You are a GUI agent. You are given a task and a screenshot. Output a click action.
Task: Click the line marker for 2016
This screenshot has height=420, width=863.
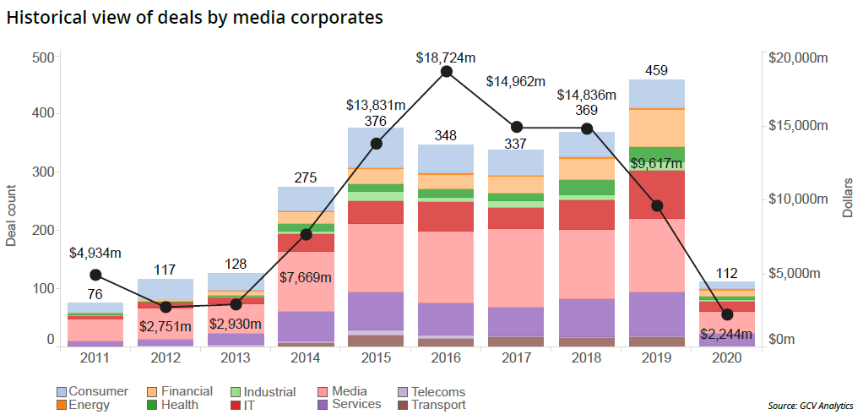[447, 71]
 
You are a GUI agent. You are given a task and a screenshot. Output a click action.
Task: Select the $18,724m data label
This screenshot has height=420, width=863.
[446, 57]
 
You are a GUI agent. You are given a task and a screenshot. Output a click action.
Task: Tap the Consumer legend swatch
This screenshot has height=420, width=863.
[62, 392]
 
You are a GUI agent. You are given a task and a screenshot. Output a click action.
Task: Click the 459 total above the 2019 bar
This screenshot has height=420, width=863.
[657, 71]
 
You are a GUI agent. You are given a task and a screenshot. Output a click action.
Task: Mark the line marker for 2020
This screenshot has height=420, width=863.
[727, 314]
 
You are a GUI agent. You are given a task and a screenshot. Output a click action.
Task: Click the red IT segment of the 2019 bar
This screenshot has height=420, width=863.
[657, 194]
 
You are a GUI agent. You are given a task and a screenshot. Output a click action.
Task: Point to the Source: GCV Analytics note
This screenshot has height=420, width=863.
[810, 406]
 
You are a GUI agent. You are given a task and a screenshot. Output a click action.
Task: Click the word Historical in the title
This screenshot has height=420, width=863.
[46, 17]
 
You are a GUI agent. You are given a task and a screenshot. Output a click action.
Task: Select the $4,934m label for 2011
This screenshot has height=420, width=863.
[95, 252]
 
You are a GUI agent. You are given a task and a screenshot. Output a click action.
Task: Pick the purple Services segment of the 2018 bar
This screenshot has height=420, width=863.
[587, 318]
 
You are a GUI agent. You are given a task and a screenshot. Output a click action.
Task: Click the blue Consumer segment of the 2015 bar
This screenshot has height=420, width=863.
[376, 148]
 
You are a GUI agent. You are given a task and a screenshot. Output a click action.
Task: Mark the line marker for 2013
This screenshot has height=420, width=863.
[236, 304]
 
